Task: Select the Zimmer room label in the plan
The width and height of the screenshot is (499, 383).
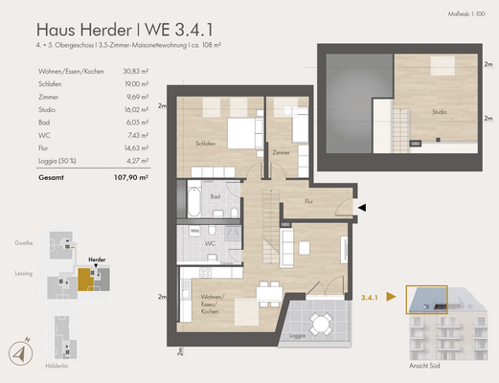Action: pos(281,152)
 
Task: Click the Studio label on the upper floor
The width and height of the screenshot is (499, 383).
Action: pos(439,112)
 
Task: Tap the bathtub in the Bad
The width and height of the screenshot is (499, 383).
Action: pos(190,203)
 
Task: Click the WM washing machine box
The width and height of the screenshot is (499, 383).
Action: pos(194,231)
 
